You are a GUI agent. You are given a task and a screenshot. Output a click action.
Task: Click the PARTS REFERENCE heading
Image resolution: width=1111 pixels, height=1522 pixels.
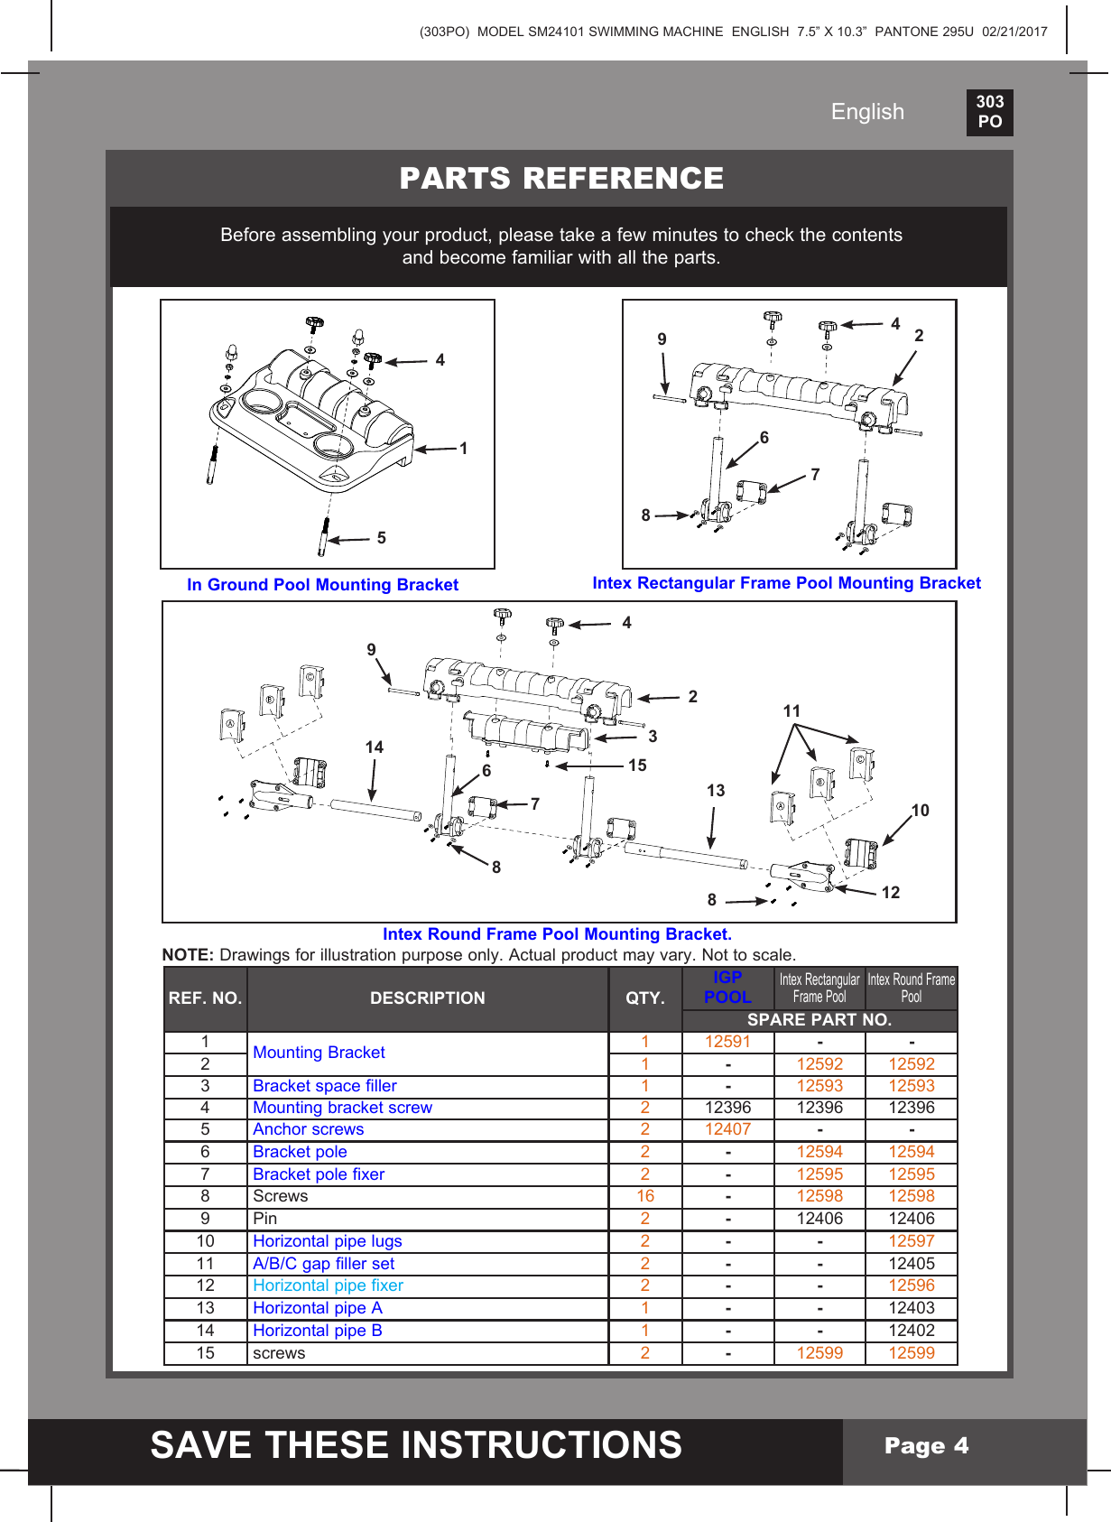(560, 178)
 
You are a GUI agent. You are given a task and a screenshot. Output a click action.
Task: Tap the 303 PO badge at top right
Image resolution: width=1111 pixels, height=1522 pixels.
(989, 112)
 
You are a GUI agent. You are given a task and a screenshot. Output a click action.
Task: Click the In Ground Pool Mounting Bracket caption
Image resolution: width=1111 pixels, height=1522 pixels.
(322, 585)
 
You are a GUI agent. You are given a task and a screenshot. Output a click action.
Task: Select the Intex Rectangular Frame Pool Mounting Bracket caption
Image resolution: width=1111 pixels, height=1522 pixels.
(786, 583)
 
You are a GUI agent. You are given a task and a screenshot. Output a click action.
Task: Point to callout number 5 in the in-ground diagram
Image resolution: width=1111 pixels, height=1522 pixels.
(382, 538)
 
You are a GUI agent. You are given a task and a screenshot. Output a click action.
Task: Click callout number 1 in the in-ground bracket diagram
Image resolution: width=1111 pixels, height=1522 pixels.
(464, 449)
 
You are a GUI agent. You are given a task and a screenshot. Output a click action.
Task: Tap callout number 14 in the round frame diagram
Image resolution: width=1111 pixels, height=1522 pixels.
(375, 747)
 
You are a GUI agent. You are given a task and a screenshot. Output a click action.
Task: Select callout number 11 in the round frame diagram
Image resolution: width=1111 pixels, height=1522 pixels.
(792, 711)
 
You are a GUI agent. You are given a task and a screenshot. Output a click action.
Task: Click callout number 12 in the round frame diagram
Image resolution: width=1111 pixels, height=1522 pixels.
(891, 893)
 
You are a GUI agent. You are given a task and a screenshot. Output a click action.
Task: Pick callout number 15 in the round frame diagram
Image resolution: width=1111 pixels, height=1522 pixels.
(637, 766)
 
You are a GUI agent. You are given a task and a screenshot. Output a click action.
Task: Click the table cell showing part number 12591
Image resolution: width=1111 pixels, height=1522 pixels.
(727, 1042)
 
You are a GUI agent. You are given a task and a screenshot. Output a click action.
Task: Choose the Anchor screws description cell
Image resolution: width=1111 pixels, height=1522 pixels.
(309, 1129)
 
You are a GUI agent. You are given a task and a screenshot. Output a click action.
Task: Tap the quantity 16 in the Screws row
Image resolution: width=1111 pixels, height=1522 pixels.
(645, 1196)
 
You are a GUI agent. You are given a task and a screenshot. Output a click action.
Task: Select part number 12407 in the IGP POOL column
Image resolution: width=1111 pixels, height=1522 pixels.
(727, 1129)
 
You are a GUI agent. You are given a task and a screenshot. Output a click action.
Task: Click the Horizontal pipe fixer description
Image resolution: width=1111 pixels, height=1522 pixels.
(328, 1285)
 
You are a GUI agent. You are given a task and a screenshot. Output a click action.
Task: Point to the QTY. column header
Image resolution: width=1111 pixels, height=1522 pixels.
(645, 998)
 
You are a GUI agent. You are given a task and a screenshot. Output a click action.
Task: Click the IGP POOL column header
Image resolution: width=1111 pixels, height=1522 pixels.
(727, 988)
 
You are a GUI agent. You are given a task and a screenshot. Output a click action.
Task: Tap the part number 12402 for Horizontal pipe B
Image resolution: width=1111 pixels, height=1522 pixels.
(911, 1331)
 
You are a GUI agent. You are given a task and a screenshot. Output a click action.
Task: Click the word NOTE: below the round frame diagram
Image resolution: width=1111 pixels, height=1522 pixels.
(188, 955)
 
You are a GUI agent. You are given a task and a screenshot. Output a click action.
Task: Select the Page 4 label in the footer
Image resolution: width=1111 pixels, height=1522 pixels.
(926, 1446)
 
